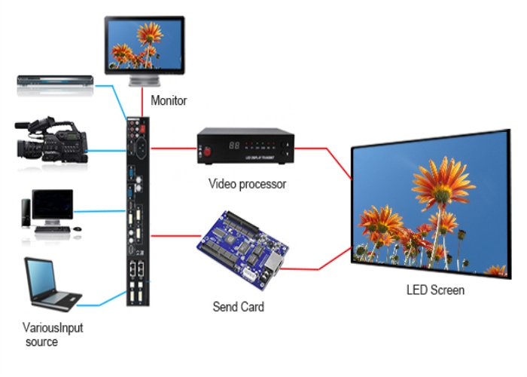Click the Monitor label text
pos(169,100)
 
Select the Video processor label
pos(247,183)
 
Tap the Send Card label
pos(239,307)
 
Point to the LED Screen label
pos(435,290)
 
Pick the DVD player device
pos(54,84)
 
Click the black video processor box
pos(244,146)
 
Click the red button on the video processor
pos(207,151)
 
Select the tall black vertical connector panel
pos(138,211)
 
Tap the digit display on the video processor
pos(235,143)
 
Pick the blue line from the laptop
pos(105,304)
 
